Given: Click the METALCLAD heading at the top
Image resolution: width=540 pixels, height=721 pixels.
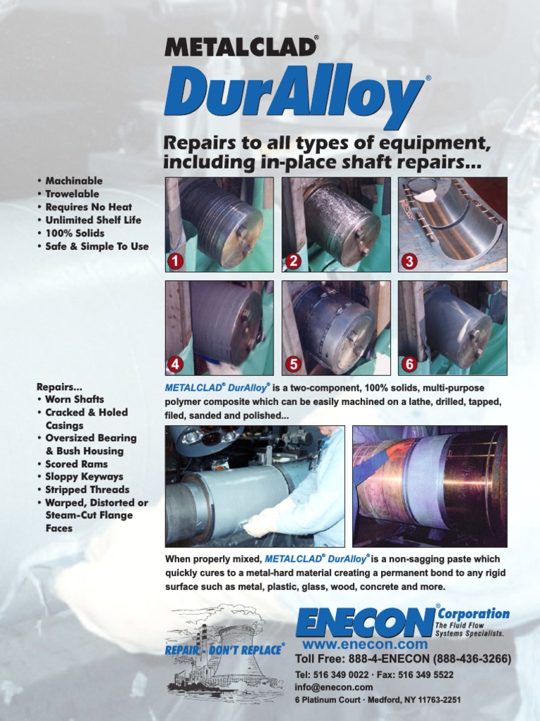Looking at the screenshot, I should coord(240,46).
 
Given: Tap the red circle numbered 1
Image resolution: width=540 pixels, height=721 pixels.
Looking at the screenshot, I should coord(176,261).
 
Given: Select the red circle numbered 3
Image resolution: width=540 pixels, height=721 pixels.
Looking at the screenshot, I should coord(409,261).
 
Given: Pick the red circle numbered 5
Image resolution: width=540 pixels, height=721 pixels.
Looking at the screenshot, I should coord(293,364).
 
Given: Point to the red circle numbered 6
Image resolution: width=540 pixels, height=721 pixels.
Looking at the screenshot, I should coord(409,364).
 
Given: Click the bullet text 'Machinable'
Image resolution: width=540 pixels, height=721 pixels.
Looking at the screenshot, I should coord(74,181).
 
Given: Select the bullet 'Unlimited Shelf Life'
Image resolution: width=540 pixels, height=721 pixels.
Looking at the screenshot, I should coord(93,220).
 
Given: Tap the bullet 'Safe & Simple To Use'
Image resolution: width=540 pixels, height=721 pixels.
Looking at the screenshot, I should coord(96,246).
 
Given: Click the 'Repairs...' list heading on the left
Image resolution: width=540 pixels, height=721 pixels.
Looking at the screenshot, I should coord(59,387).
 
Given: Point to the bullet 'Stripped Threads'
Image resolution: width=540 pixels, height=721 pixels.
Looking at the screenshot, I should coord(87,489).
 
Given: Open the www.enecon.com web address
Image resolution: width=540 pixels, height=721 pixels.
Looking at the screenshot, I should coord(365,644).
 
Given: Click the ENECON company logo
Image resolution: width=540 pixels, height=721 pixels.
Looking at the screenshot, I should coord(365,622).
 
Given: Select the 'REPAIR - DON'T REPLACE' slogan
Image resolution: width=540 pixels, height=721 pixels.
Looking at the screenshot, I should coord(224,649).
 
